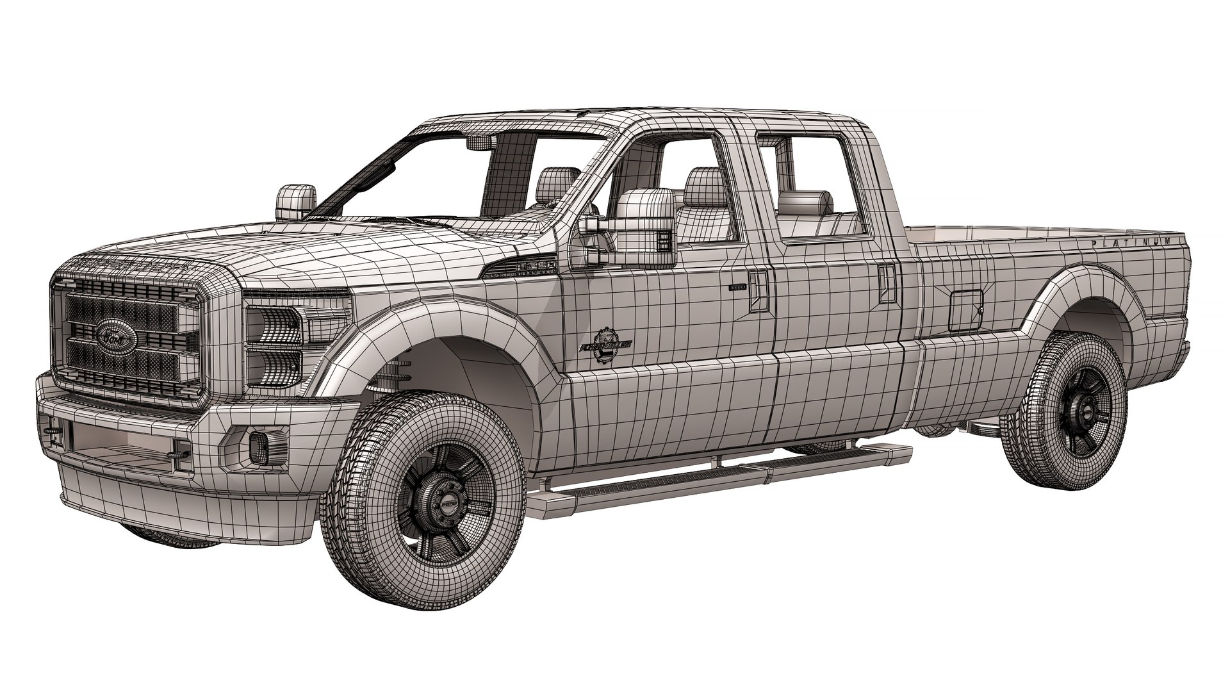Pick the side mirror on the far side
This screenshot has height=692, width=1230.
[x=296, y=198]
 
